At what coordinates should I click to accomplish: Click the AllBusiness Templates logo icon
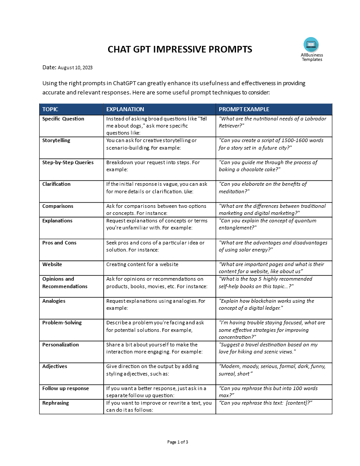(x=311, y=45)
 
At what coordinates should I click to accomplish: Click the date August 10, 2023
(x=75, y=68)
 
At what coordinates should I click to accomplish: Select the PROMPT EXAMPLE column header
(x=244, y=109)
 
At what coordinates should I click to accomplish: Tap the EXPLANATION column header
(x=125, y=109)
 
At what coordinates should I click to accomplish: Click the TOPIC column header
(x=50, y=109)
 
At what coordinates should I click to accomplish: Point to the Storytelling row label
(x=56, y=140)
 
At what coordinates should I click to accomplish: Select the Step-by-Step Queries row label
(x=68, y=162)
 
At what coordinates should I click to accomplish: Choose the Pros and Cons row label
(x=59, y=243)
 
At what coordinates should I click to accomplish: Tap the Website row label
(x=52, y=264)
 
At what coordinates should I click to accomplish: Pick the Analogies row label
(x=54, y=301)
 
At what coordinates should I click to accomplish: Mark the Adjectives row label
(x=54, y=366)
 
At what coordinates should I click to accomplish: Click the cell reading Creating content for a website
(x=142, y=264)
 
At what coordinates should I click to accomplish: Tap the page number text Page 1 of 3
(x=178, y=442)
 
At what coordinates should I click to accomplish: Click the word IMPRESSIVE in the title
(x=180, y=49)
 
